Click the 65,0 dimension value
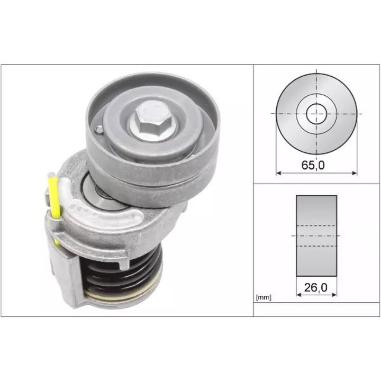[x=313, y=165]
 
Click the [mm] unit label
[x=263, y=298]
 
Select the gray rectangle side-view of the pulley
[x=316, y=235]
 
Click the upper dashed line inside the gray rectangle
[x=316, y=226]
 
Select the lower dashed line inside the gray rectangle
[x=316, y=246]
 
